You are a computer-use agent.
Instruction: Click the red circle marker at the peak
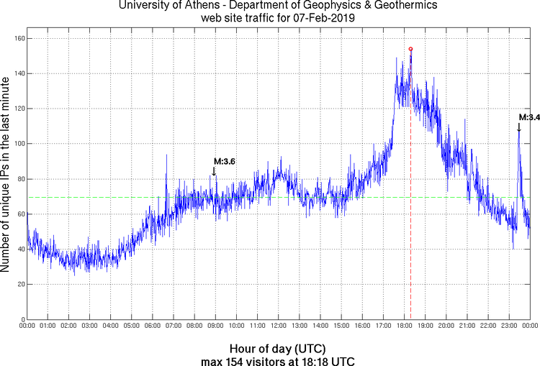coord(410,49)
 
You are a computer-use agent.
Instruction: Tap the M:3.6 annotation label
coord(225,161)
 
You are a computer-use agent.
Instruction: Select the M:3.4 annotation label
coord(529,117)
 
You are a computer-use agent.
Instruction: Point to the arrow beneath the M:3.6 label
coord(213,170)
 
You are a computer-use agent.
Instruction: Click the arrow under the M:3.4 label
coord(518,127)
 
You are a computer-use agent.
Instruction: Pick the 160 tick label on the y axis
coord(17,38)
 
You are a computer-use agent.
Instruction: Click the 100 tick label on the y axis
coord(17,144)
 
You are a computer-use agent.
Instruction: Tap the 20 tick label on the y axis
coord(19,285)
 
